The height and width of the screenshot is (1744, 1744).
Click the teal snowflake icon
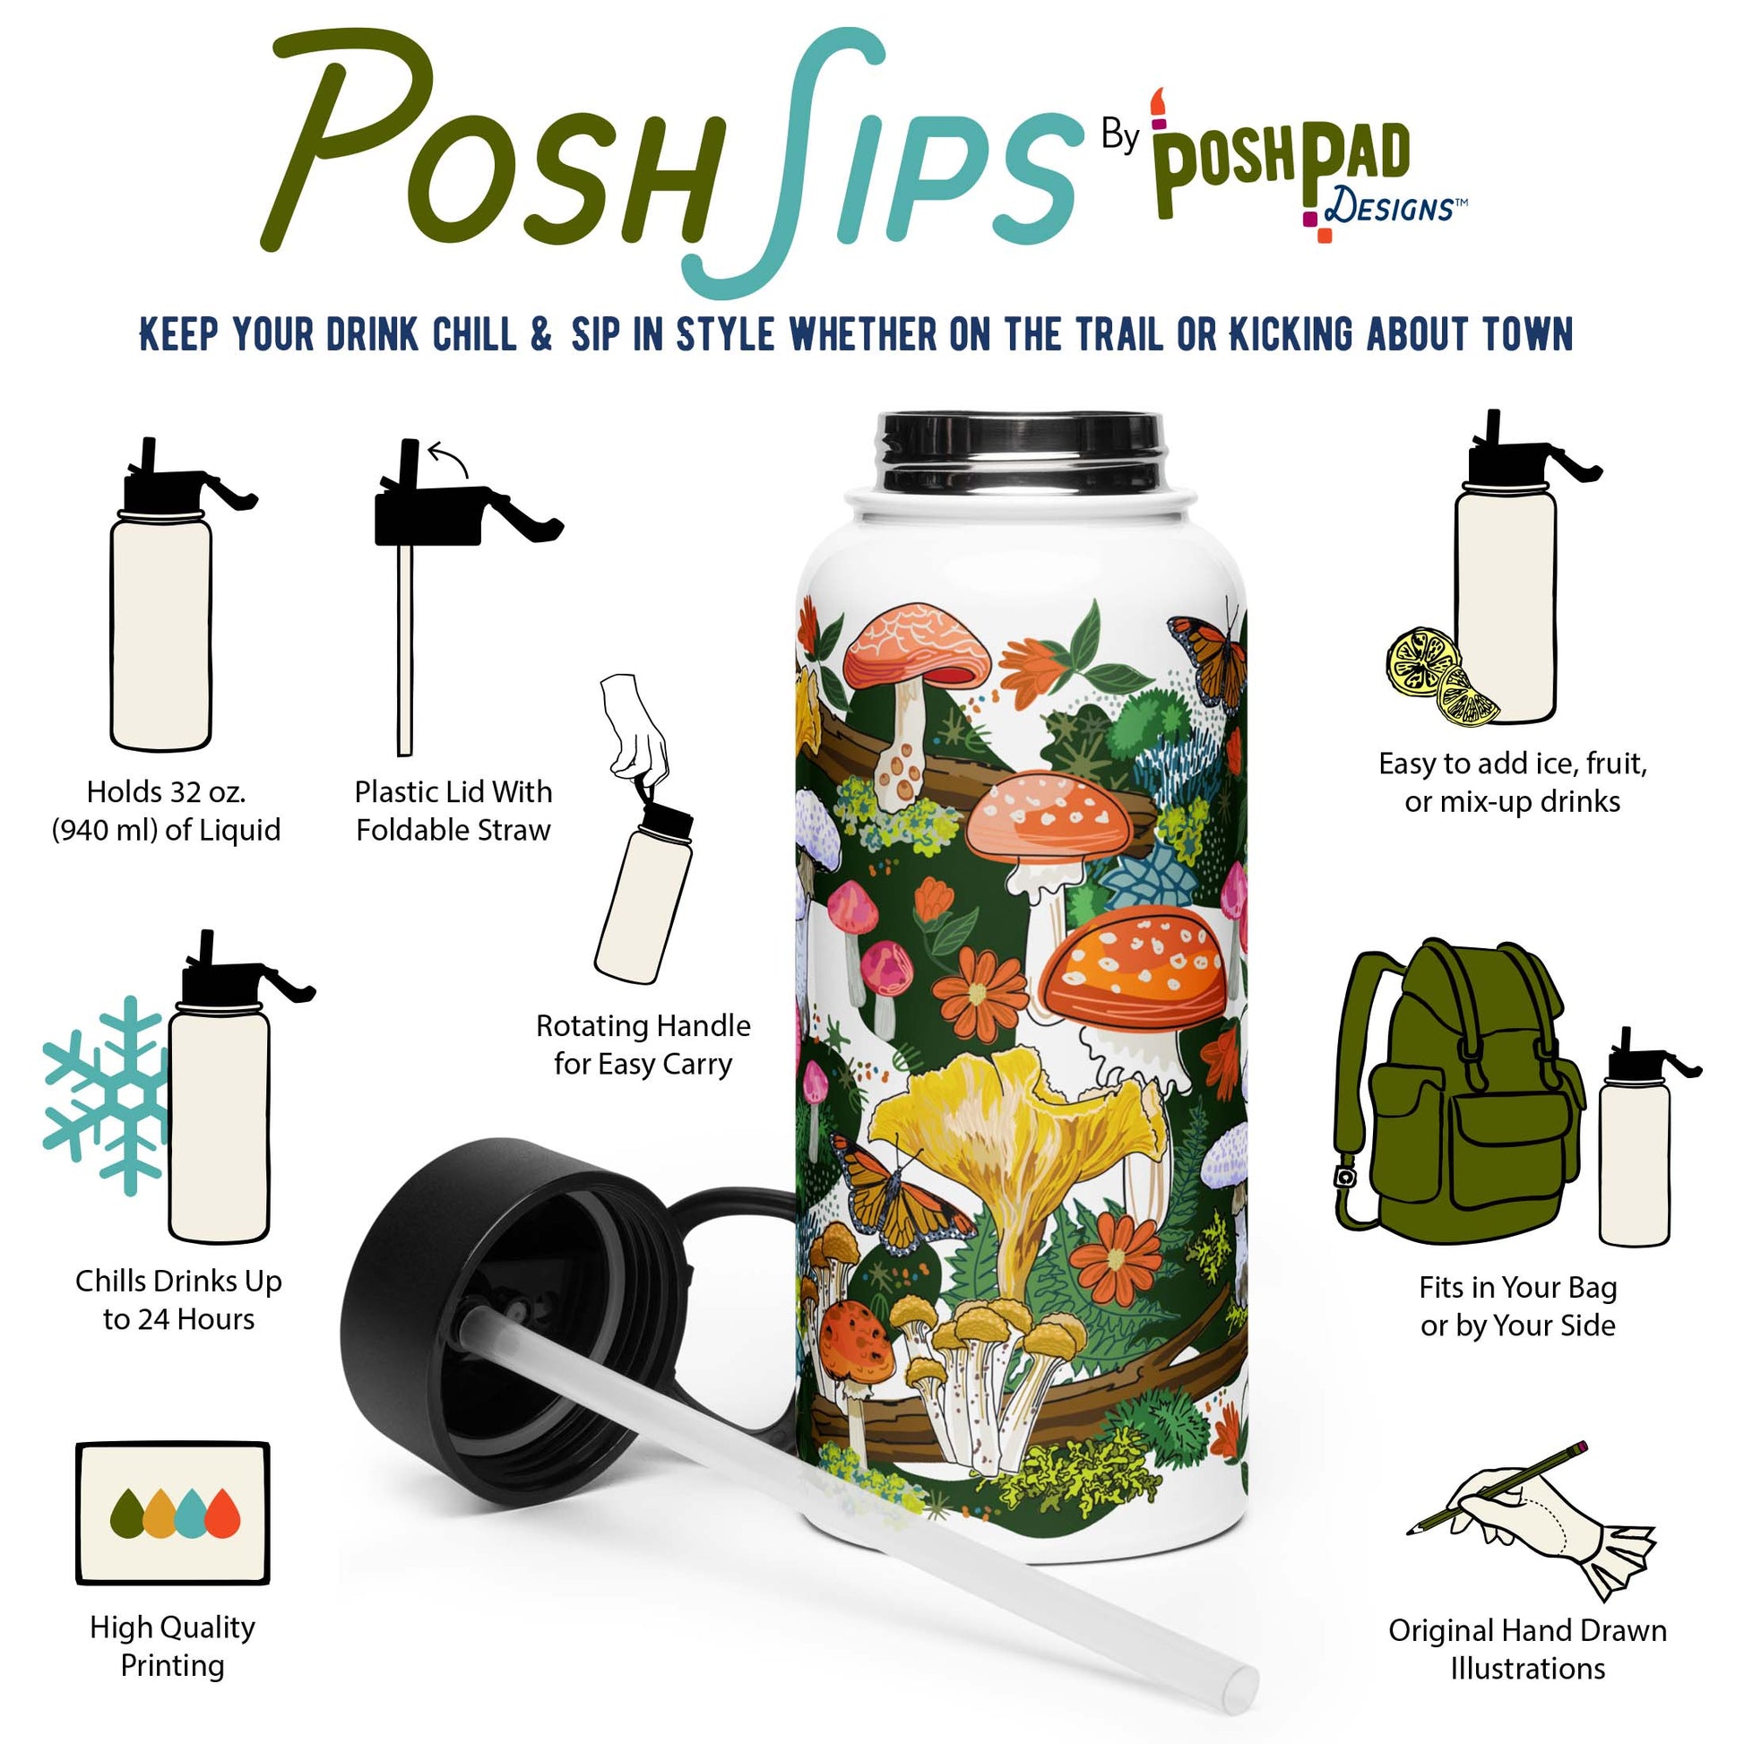point(105,1095)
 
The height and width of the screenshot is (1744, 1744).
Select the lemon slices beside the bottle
point(1442,677)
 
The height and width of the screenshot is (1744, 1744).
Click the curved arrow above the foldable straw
point(449,459)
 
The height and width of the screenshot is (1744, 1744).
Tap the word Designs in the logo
point(1388,209)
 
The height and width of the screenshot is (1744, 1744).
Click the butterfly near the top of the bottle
point(1207,661)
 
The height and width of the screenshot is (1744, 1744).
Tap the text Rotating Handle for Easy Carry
point(643,1044)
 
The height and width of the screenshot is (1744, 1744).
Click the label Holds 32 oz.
point(166,791)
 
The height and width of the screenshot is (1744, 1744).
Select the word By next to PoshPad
point(1120,136)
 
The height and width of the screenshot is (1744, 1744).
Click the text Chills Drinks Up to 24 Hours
point(178,1299)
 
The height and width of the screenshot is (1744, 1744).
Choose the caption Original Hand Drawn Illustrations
point(1527,1649)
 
